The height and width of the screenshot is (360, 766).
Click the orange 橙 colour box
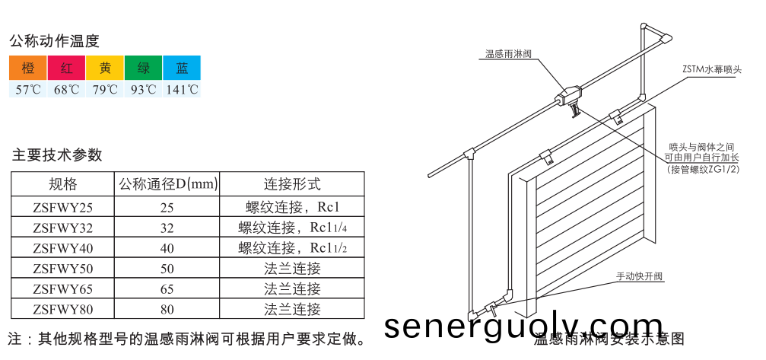(28, 68)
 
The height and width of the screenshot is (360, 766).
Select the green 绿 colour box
(143, 68)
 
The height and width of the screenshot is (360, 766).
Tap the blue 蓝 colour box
(182, 68)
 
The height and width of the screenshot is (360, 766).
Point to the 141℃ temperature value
(182, 90)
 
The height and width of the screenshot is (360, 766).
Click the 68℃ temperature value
(67, 90)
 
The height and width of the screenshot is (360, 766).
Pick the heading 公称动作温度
(54, 41)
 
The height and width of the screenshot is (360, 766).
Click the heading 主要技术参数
(57, 155)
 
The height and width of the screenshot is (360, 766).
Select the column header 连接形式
(292, 184)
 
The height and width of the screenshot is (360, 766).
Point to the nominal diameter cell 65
(167, 289)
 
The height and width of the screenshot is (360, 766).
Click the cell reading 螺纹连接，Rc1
(292, 207)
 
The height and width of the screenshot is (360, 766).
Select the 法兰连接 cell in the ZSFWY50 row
(292, 269)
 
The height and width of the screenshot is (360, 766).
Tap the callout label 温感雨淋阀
(508, 54)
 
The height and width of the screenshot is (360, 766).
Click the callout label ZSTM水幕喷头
(711, 68)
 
